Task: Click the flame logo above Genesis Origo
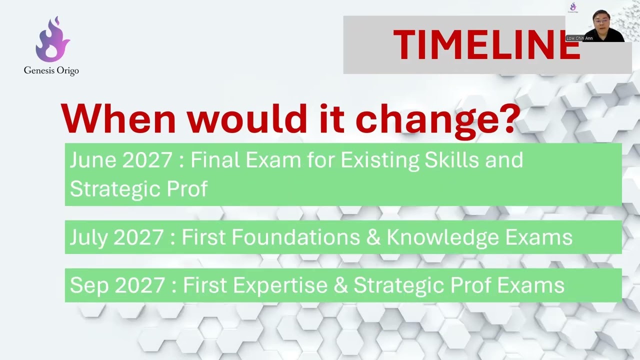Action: [52, 39]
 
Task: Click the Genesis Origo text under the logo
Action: [51, 71]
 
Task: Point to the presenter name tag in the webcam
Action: [579, 38]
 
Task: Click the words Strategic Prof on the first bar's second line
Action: [138, 189]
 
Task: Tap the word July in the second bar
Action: [89, 237]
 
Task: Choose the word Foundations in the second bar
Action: [270, 237]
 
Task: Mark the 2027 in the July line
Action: [138, 237]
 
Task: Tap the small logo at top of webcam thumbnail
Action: [573, 7]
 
